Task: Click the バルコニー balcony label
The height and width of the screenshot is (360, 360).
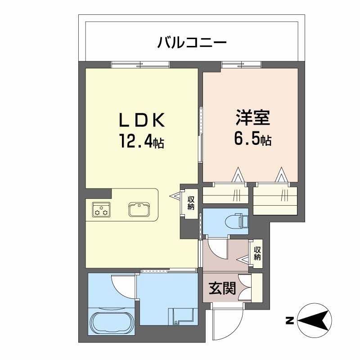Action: click(x=191, y=43)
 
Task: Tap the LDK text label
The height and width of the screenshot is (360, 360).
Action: click(x=143, y=120)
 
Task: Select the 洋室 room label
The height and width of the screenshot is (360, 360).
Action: click(x=252, y=118)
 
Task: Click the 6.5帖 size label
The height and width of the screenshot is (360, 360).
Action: click(x=252, y=139)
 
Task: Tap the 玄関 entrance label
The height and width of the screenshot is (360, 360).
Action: click(x=222, y=288)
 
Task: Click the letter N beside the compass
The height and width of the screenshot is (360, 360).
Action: click(x=290, y=321)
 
